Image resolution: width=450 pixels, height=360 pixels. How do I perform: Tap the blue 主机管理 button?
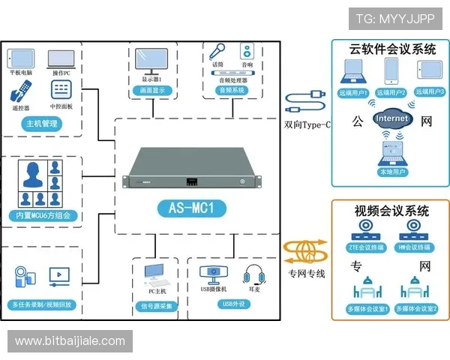click(x=42, y=124)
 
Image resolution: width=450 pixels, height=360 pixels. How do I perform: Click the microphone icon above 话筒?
click(x=217, y=51)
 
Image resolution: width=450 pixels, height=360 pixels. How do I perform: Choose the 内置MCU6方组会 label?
click(x=43, y=216)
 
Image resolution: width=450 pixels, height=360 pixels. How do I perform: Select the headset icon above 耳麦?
click(x=251, y=274)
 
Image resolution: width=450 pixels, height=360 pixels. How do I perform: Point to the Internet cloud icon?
click(x=392, y=118)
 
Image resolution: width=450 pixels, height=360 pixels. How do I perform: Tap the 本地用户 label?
click(x=391, y=172)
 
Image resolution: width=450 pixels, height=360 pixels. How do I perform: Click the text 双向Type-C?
click(x=307, y=124)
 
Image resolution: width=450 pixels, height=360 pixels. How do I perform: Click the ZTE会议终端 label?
click(x=365, y=247)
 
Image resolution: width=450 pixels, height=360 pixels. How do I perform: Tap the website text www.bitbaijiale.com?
click(x=70, y=341)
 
